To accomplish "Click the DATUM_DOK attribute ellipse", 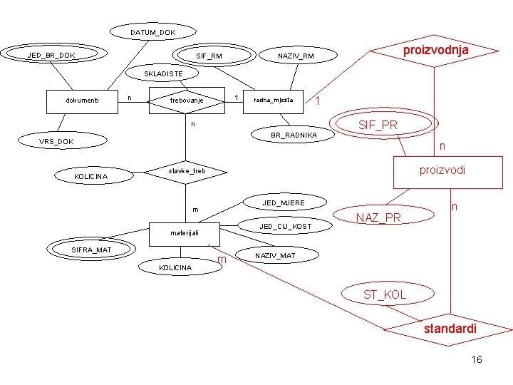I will coord(152,32).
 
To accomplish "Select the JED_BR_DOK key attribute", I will coord(51,54).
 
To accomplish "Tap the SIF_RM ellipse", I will coord(209,56).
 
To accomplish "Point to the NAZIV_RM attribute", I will coord(296,56).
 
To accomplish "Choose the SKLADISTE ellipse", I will coord(164,73).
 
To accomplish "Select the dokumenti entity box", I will coord(82,101).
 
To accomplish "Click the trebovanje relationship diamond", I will coord(187,101).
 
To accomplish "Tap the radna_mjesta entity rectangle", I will coord(273,100).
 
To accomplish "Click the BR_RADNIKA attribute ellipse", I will coord(294,135).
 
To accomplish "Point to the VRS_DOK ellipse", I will coord(56,141).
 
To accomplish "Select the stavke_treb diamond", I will coord(186,171).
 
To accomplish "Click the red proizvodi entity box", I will coord(442,171).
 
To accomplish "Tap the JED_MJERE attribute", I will coord(284,203).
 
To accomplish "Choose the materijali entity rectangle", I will coord(184,233).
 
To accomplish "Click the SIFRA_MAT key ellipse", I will coord(91,249).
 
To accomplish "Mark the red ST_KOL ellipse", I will coord(385,294).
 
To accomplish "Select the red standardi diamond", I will coord(450,329).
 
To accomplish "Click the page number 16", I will coord(477,359).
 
